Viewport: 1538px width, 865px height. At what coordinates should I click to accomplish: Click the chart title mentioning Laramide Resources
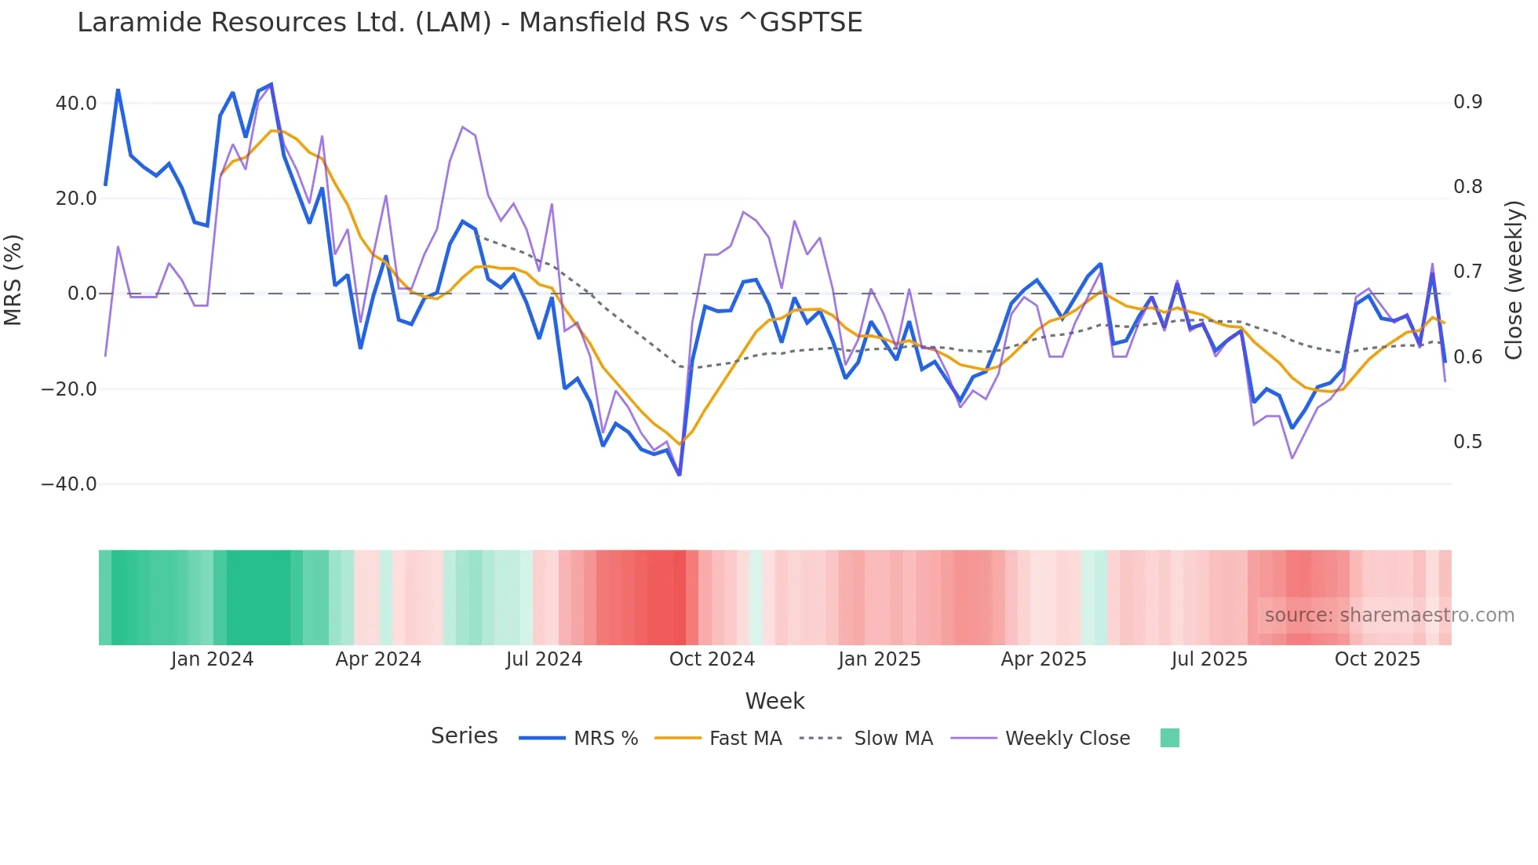click(469, 23)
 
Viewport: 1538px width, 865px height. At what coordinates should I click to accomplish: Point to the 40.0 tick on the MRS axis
click(76, 104)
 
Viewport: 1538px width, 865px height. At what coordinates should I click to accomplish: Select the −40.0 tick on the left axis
click(69, 484)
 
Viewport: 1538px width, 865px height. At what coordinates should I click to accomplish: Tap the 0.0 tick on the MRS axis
click(82, 294)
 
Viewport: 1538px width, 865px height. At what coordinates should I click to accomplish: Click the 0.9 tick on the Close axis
click(1467, 102)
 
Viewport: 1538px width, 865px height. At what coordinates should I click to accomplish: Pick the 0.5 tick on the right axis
click(1467, 442)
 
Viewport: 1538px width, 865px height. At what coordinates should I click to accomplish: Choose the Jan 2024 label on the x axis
click(212, 659)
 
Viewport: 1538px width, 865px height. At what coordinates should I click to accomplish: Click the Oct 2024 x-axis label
click(712, 659)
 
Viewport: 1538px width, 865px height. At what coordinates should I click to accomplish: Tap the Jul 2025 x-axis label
click(1209, 659)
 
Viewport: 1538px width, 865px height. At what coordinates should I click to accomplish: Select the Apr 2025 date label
click(1044, 659)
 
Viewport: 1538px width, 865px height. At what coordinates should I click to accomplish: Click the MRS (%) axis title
click(13, 279)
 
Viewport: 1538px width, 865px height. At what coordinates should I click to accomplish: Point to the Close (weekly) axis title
click(1514, 280)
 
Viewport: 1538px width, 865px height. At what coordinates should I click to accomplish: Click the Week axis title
click(774, 701)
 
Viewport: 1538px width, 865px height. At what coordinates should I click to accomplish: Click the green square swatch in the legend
click(1169, 738)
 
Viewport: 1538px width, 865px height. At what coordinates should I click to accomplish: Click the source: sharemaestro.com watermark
click(1389, 615)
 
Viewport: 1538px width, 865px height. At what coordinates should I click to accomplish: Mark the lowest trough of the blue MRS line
click(680, 475)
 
